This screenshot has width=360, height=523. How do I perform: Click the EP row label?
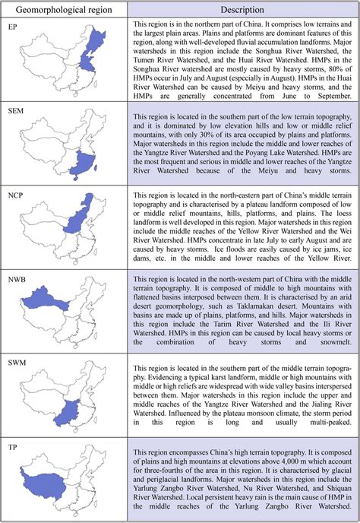point(12,27)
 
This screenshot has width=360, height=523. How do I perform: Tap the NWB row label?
point(16,281)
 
